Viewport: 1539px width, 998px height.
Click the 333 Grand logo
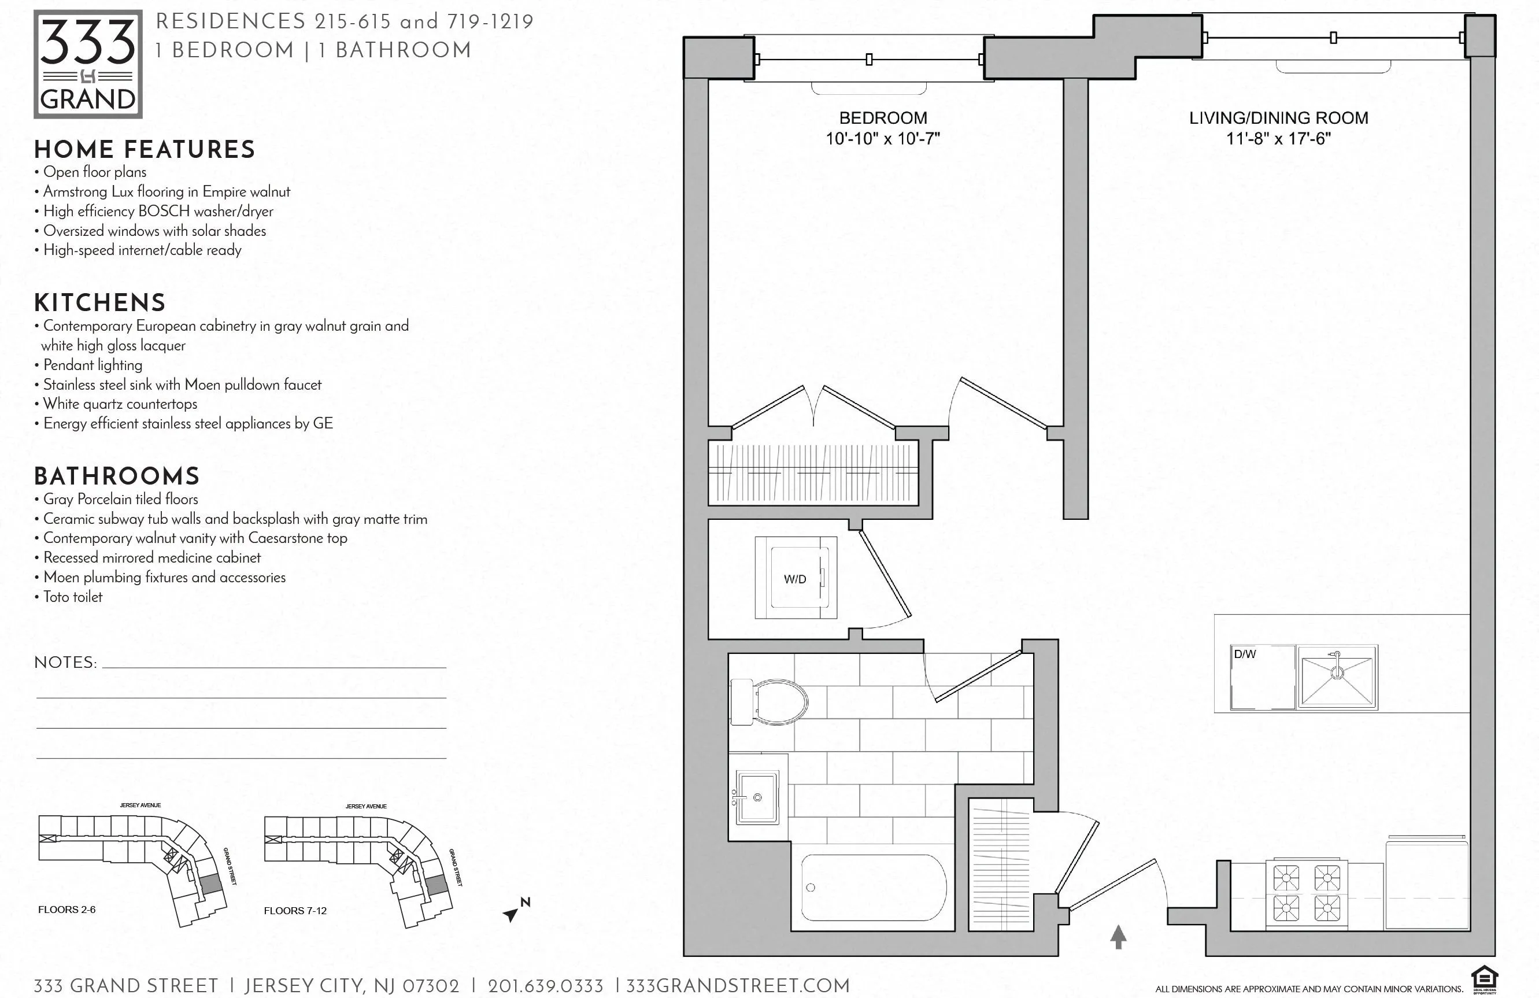click(88, 64)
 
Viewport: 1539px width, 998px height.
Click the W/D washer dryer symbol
click(796, 578)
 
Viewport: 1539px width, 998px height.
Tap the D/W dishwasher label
click(1245, 654)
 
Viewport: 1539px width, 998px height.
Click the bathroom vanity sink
click(757, 797)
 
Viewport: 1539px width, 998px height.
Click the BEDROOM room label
click(883, 118)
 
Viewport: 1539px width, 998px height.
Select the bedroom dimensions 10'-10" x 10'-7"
click(883, 138)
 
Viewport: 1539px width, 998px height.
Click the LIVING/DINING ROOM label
click(1278, 118)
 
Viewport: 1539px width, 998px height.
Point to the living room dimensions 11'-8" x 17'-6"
click(1278, 138)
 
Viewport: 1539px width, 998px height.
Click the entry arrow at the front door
click(1118, 936)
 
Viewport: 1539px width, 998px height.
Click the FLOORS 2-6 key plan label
click(66, 910)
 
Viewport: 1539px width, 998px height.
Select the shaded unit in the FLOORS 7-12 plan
click(436, 884)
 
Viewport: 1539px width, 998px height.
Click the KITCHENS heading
click(99, 303)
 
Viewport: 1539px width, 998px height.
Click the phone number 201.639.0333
click(545, 986)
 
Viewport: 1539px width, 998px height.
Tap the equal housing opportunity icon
click(1484, 978)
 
